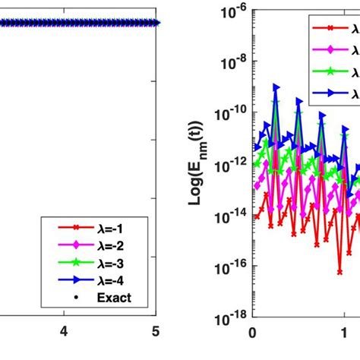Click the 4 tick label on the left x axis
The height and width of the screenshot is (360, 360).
[64, 331]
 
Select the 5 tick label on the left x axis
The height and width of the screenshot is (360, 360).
[156, 331]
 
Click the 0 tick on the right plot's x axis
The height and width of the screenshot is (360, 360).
[252, 331]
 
